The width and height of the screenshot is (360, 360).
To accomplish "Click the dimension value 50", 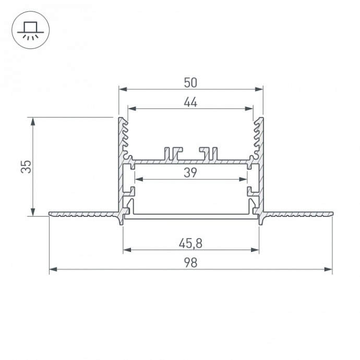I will pos(190,82).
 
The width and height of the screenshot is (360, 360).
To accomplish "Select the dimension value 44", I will pos(190,102).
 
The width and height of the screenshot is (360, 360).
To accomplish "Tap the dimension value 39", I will pos(190,173).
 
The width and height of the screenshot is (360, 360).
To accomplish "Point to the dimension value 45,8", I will pos(190,244).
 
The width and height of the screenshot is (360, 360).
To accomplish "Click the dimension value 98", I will pos(190,263).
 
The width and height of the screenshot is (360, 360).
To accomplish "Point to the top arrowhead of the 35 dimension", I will pos(33,121).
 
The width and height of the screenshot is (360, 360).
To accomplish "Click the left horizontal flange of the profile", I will pos(83,213).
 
